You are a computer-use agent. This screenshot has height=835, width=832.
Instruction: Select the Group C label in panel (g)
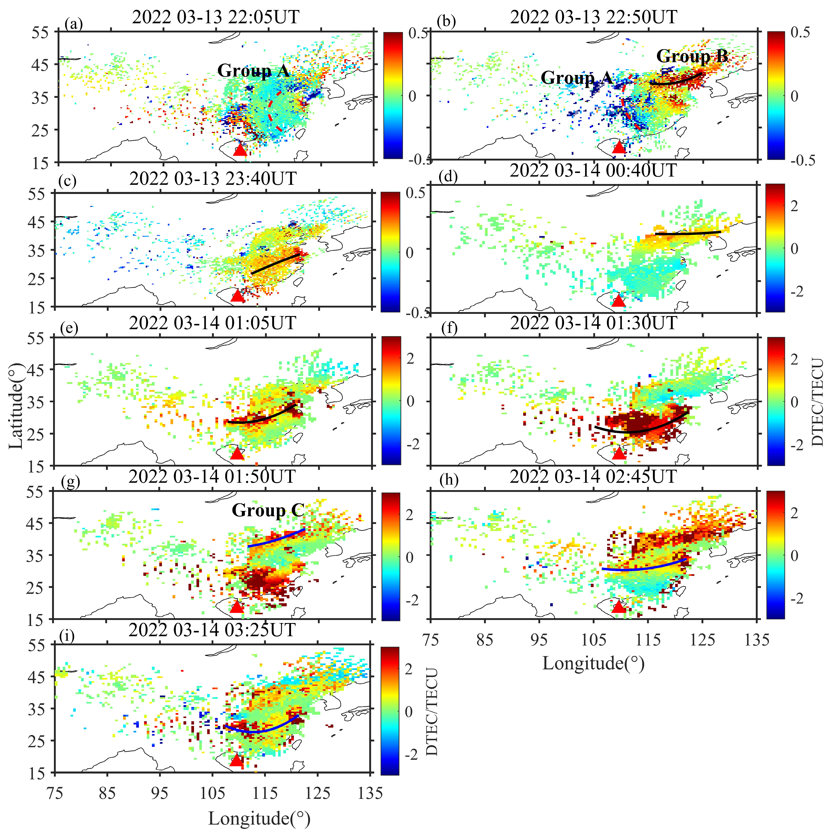click(x=268, y=511)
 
